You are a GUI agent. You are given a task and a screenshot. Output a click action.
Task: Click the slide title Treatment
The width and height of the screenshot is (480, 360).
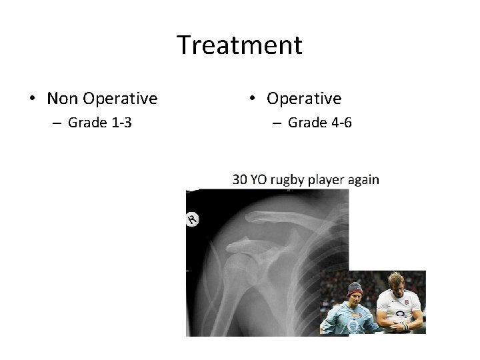click(240, 45)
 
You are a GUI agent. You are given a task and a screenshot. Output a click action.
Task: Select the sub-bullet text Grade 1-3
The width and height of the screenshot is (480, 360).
click(99, 123)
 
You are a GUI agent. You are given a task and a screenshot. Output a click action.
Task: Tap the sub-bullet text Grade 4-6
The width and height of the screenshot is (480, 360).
click(319, 123)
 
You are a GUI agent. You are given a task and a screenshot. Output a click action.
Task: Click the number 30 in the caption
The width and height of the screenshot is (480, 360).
click(239, 179)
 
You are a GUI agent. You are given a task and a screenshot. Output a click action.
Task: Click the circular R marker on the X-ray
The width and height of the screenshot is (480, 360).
click(193, 219)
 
